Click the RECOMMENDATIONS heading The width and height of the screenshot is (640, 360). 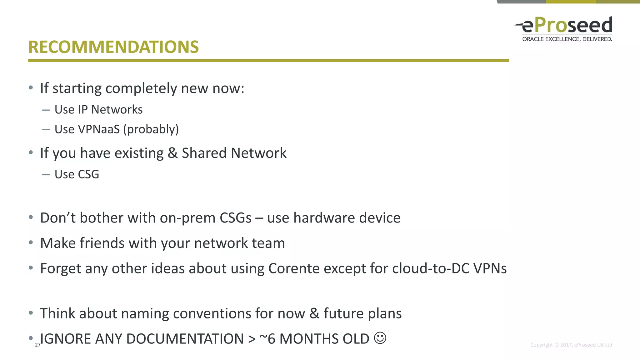pyautogui.click(x=113, y=47)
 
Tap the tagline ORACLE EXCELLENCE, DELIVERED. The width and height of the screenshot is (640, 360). pyautogui.click(x=567, y=39)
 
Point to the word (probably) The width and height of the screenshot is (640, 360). pyautogui.click(x=151, y=129)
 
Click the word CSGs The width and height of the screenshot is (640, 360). pyautogui.click(x=236, y=218)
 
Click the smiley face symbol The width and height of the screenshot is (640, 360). pyautogui.click(x=380, y=338)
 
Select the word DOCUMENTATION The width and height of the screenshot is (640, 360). pyautogui.click(x=185, y=339)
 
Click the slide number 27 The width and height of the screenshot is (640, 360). pyautogui.click(x=37, y=345)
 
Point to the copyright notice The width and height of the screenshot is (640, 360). pyautogui.click(x=571, y=345)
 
